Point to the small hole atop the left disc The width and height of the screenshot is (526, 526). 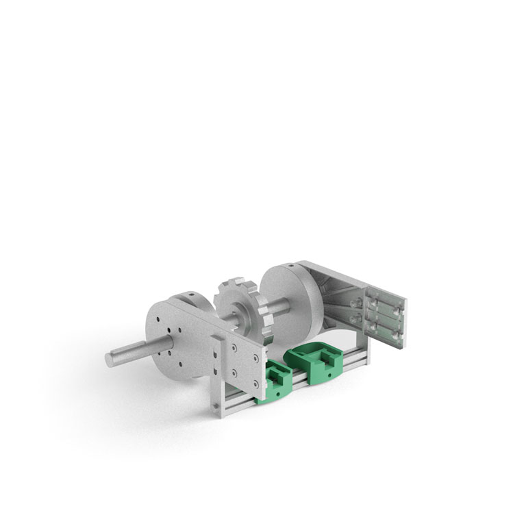coord(188,297)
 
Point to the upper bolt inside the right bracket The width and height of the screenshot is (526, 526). coord(355,301)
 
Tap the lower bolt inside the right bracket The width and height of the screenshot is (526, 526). coord(354,318)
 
